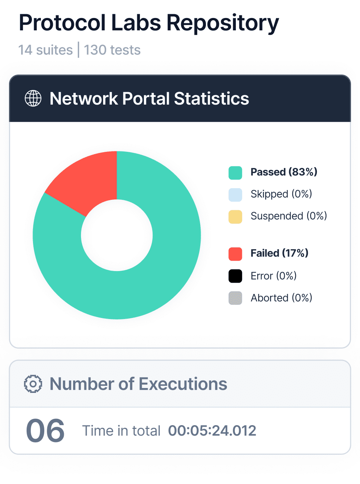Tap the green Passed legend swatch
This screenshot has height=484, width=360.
pyautogui.click(x=235, y=172)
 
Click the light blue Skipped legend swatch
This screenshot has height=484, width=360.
pyautogui.click(x=235, y=195)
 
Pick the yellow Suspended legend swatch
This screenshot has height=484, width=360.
pyautogui.click(x=235, y=217)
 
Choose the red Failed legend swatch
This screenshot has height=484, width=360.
pyautogui.click(x=235, y=254)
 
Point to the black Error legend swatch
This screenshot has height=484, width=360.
pyautogui.click(x=235, y=276)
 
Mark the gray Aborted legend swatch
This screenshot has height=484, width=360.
pyautogui.click(x=235, y=298)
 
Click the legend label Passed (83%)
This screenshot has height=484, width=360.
pyautogui.click(x=284, y=172)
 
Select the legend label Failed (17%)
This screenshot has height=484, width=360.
pyautogui.click(x=279, y=253)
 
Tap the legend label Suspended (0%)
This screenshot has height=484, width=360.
pyautogui.click(x=289, y=216)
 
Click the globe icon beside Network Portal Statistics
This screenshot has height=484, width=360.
pyautogui.click(x=33, y=99)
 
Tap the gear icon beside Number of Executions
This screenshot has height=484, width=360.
pyautogui.click(x=33, y=384)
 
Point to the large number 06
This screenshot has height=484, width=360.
pyautogui.click(x=45, y=431)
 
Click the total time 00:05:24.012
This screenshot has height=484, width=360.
pyautogui.click(x=212, y=431)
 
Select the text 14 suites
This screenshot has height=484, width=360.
pyautogui.click(x=45, y=50)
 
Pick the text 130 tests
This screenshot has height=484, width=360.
pyautogui.click(x=112, y=50)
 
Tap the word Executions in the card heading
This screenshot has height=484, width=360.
pyautogui.click(x=183, y=384)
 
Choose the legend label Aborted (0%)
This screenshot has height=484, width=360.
pyautogui.click(x=281, y=298)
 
